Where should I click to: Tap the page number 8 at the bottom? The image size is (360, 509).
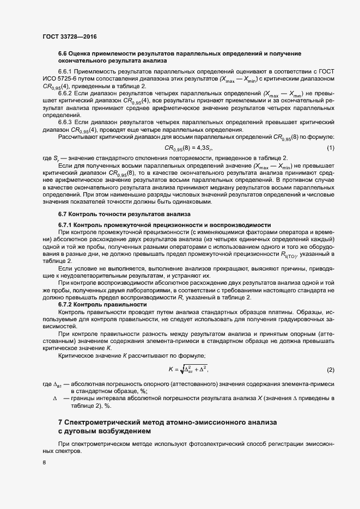44,463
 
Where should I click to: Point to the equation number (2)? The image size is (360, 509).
330,370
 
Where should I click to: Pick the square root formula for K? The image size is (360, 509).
188,370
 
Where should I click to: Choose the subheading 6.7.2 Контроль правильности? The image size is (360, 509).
103,305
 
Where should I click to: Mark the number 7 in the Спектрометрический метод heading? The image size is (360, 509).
60,422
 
